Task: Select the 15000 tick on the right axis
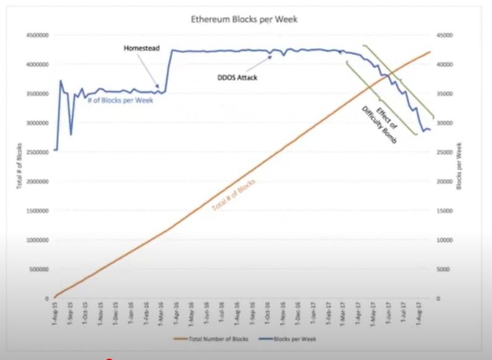tap(446, 211)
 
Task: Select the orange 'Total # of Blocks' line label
tap(233, 197)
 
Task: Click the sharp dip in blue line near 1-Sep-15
tap(71, 135)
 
